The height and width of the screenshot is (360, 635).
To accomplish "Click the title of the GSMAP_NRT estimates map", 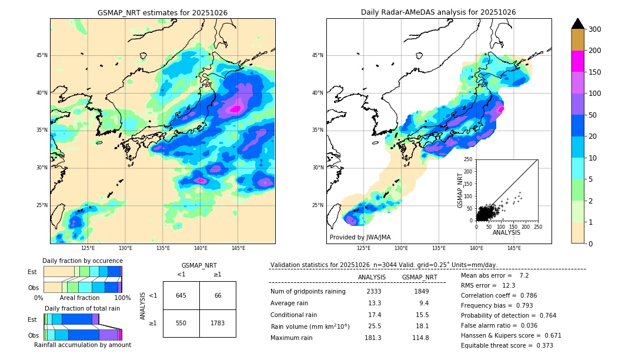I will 162,12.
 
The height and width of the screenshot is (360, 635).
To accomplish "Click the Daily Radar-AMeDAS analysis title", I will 438,12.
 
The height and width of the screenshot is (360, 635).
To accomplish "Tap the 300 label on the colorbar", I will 595,29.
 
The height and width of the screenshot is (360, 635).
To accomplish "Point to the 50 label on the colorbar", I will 593,115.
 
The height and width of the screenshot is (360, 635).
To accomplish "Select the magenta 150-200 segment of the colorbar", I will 577,61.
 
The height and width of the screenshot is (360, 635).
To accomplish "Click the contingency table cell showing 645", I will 181,295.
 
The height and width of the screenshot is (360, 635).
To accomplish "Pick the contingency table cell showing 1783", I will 218,323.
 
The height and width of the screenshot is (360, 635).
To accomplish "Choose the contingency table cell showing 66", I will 218,295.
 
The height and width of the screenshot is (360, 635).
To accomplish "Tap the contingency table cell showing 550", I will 181,323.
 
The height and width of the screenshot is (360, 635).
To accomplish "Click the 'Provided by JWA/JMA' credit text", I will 360,237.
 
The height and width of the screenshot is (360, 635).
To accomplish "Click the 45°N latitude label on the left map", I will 42,55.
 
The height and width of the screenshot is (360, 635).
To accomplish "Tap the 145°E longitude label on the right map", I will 514,248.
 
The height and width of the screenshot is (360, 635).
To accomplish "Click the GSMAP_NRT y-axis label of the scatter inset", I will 460,189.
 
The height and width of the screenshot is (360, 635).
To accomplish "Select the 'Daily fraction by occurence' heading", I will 82,261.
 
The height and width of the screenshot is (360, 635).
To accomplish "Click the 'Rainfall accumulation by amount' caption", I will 82,345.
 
